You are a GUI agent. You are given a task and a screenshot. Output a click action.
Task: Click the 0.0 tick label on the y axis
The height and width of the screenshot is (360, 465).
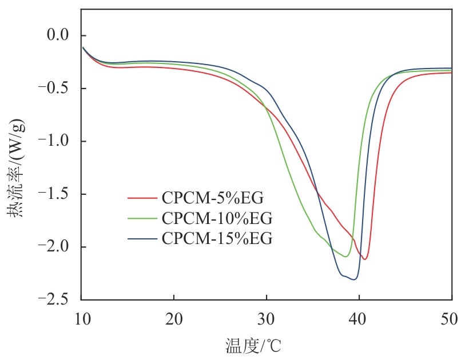coord(58,36)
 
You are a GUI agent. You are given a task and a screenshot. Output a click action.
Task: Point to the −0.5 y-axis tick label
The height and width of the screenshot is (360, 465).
coord(54,89)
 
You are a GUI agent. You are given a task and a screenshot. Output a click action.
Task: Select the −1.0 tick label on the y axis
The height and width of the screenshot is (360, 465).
coord(54,142)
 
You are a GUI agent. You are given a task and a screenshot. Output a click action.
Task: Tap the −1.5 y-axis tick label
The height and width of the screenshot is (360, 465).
coord(54,194)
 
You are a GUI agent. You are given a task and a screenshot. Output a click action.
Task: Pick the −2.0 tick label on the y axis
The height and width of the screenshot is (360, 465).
coord(54,247)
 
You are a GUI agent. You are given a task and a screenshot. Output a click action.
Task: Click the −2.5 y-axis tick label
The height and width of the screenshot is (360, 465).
coord(54,299)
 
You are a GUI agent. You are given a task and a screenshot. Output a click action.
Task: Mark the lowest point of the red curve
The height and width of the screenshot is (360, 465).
coord(364,259)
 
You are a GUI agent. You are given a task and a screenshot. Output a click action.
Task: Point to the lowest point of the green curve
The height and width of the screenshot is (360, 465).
coord(345,257)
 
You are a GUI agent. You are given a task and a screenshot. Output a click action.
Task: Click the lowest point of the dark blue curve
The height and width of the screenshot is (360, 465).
coord(354,279)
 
